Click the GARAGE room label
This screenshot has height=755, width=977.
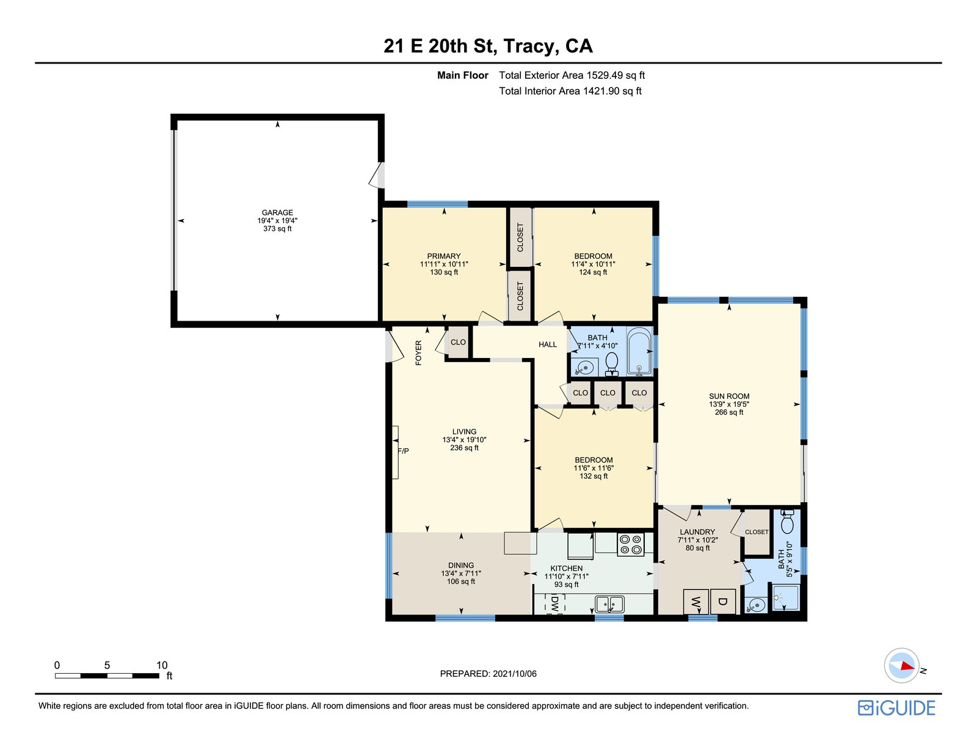click(x=277, y=213)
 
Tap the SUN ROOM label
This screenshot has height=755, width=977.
click(x=729, y=396)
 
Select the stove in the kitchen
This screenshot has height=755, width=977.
click(x=630, y=544)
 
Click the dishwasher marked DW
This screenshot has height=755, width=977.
click(x=555, y=603)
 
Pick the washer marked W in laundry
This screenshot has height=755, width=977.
click(x=696, y=602)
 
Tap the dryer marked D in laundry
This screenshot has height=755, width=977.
click(x=722, y=602)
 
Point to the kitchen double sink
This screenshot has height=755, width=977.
click(x=609, y=604)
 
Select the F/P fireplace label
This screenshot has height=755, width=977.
click(x=403, y=451)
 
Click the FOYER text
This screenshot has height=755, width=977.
click(x=418, y=352)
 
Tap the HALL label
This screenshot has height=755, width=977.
click(x=548, y=345)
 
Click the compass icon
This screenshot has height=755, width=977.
click(x=901, y=666)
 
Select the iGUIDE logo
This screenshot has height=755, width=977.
click(x=896, y=708)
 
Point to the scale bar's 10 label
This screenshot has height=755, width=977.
click(x=162, y=665)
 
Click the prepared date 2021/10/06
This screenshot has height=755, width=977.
click(x=514, y=674)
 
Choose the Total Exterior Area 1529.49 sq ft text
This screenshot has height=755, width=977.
click(x=572, y=75)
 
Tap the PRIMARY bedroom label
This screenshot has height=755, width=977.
click(x=444, y=257)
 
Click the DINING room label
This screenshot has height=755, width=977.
click(x=461, y=565)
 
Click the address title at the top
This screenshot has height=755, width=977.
click(x=488, y=46)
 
